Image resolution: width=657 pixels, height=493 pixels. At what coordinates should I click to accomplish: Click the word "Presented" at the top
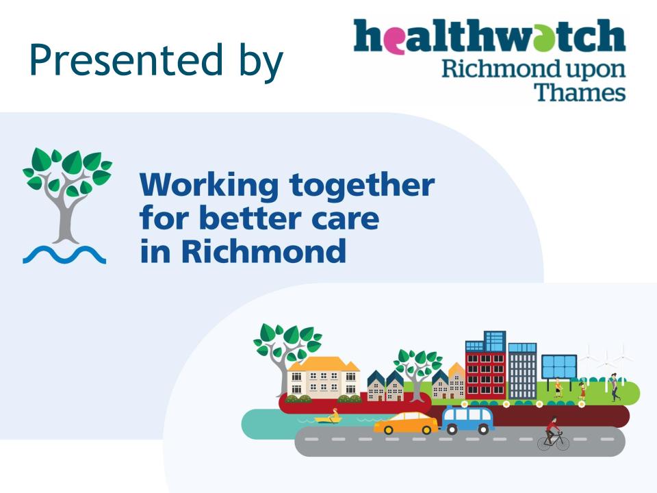point(126,60)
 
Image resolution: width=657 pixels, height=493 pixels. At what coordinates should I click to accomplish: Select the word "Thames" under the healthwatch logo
point(580,92)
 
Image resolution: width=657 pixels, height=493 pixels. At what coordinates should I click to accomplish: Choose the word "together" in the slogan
point(362,186)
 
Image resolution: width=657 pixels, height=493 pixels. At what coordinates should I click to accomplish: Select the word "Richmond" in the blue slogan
point(264,251)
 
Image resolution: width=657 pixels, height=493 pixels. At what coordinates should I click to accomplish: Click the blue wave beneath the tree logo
point(64,255)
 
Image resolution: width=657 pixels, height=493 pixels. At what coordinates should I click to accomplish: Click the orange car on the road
point(406,423)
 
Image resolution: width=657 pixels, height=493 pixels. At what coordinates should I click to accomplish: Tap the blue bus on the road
point(467,420)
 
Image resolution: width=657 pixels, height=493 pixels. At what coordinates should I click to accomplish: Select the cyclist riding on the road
point(553,434)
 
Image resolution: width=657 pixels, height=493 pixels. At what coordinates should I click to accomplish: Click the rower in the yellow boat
point(335,414)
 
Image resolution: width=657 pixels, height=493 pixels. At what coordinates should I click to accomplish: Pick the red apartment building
point(486,374)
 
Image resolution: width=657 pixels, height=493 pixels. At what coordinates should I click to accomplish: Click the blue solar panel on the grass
point(559,367)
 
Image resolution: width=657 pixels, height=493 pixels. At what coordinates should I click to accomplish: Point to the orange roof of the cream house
point(324,364)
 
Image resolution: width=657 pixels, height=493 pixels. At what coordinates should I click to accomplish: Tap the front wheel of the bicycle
point(563,444)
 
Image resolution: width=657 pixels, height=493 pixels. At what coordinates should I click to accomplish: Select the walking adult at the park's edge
point(614,386)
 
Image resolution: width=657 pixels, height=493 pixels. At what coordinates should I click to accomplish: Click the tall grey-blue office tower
point(522,371)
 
